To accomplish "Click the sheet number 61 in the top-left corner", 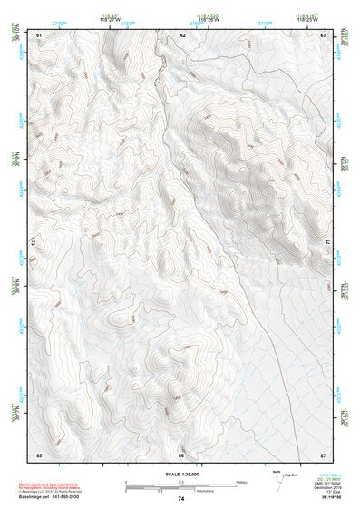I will pyautogui.click(x=39, y=34).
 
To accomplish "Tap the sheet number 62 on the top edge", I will pyautogui.click(x=182, y=34).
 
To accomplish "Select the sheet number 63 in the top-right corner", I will pyautogui.click(x=323, y=34).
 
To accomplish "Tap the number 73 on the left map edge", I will pyautogui.click(x=34, y=243).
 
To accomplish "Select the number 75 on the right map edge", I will pyautogui.click(x=328, y=242).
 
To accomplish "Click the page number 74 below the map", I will pyautogui.click(x=181, y=499).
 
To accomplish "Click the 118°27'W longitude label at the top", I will pyautogui.click(x=108, y=18).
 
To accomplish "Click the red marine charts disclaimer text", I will pyautogui.click(x=54, y=487).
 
